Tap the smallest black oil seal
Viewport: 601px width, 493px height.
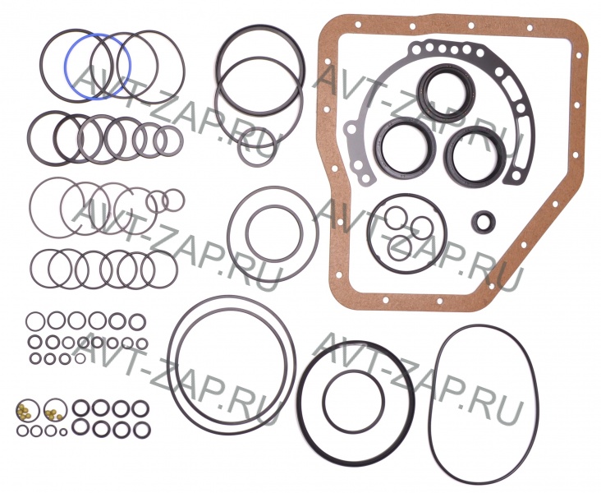[481, 221]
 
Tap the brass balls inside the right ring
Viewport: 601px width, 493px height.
[53, 413]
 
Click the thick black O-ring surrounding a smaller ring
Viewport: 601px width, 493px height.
[300, 403]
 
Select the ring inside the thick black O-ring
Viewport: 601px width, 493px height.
[323, 402]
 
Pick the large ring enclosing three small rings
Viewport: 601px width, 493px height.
[369, 233]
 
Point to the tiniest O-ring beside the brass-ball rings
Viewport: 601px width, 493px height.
[63, 432]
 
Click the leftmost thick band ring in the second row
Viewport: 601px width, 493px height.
[30, 138]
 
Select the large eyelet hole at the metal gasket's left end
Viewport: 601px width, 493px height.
[351, 129]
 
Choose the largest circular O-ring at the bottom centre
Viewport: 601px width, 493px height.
[168, 365]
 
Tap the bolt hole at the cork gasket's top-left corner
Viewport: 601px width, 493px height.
[357, 25]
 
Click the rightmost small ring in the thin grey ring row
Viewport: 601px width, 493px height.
[173, 200]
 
